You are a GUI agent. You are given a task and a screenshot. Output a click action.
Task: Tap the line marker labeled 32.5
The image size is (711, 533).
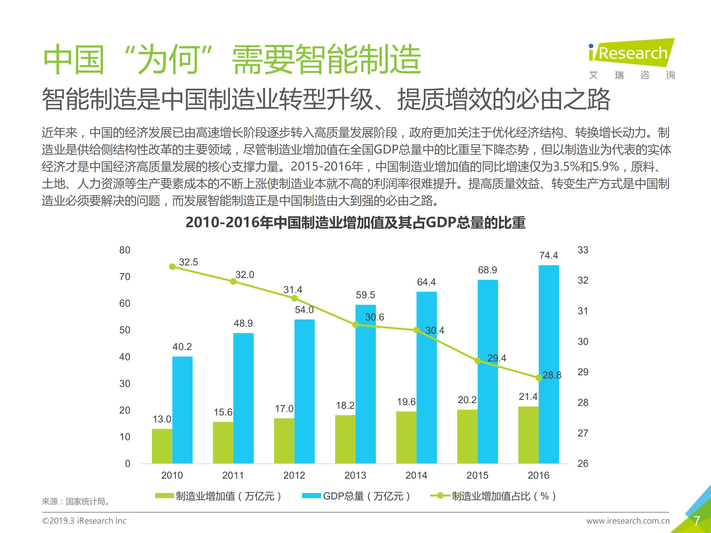[x=172, y=267]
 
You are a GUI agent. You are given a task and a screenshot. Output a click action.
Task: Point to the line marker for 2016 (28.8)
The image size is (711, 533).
[x=539, y=377]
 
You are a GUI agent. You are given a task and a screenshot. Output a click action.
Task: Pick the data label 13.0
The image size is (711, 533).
[x=162, y=419]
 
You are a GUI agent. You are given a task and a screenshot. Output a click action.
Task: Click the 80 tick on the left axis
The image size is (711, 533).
[x=125, y=250]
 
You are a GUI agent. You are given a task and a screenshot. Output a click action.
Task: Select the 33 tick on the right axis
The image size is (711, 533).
[x=583, y=250]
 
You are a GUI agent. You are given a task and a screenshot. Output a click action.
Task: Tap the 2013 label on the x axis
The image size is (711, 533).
[x=355, y=475]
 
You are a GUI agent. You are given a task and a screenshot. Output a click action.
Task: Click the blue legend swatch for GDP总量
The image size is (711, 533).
[x=311, y=496]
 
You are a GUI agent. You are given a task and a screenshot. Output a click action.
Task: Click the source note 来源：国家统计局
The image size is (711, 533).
[x=76, y=501]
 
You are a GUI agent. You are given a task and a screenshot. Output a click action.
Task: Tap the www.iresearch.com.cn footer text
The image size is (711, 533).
[x=628, y=520]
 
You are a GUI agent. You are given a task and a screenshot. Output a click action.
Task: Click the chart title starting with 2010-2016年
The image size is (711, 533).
[x=355, y=222]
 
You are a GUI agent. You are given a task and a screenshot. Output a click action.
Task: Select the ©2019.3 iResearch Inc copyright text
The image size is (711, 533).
[x=84, y=520]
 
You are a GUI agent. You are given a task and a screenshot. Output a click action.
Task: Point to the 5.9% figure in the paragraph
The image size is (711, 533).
[x=605, y=166]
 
